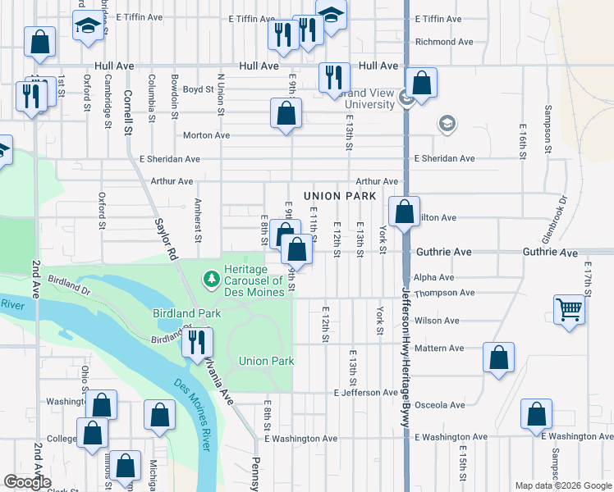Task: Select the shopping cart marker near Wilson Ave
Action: coord(568,310)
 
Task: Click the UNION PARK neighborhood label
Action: coord(339,196)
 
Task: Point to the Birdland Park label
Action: coord(184,313)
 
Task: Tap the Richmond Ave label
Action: coord(444,42)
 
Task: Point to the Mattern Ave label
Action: coord(439,348)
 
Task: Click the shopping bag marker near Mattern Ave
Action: coord(498,358)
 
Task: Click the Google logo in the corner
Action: coord(27,482)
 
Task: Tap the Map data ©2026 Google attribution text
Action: coord(562,485)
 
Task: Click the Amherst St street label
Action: coord(198,221)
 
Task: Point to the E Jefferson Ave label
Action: coord(365,393)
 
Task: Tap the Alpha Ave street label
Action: coord(433,278)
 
